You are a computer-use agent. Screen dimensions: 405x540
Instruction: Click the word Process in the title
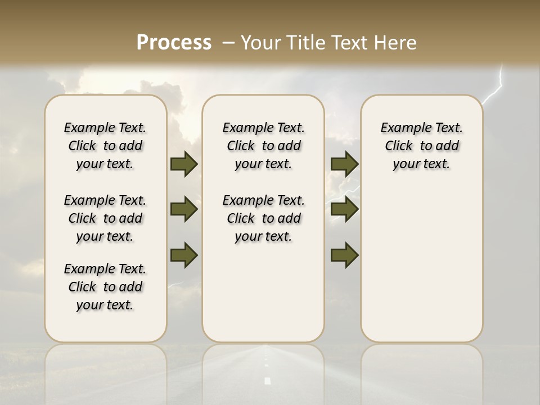(174, 43)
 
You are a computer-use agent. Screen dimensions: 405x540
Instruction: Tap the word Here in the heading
(395, 43)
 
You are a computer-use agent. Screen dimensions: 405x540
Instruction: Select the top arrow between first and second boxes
(184, 164)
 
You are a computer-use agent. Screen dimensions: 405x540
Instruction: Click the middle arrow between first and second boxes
(184, 209)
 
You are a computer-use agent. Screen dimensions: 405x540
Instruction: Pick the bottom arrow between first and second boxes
(184, 254)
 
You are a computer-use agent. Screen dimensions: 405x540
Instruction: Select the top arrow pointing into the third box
(345, 164)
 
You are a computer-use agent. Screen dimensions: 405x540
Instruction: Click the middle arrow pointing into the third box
(345, 209)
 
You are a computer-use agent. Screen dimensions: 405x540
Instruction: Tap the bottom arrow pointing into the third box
(345, 254)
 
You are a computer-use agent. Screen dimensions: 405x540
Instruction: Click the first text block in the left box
(105, 146)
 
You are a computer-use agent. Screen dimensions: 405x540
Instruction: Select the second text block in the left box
(105, 218)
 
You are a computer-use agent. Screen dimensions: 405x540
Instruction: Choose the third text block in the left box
(105, 287)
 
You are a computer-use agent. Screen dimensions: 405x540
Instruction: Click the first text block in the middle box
(263, 146)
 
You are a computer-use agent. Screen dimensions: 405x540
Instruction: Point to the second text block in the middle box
(263, 218)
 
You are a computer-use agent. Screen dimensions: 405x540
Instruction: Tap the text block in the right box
(422, 146)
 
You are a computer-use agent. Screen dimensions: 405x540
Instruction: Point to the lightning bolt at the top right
(495, 90)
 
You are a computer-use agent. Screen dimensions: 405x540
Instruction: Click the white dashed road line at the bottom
(268, 380)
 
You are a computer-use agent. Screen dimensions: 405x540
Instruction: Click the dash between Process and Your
(228, 43)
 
